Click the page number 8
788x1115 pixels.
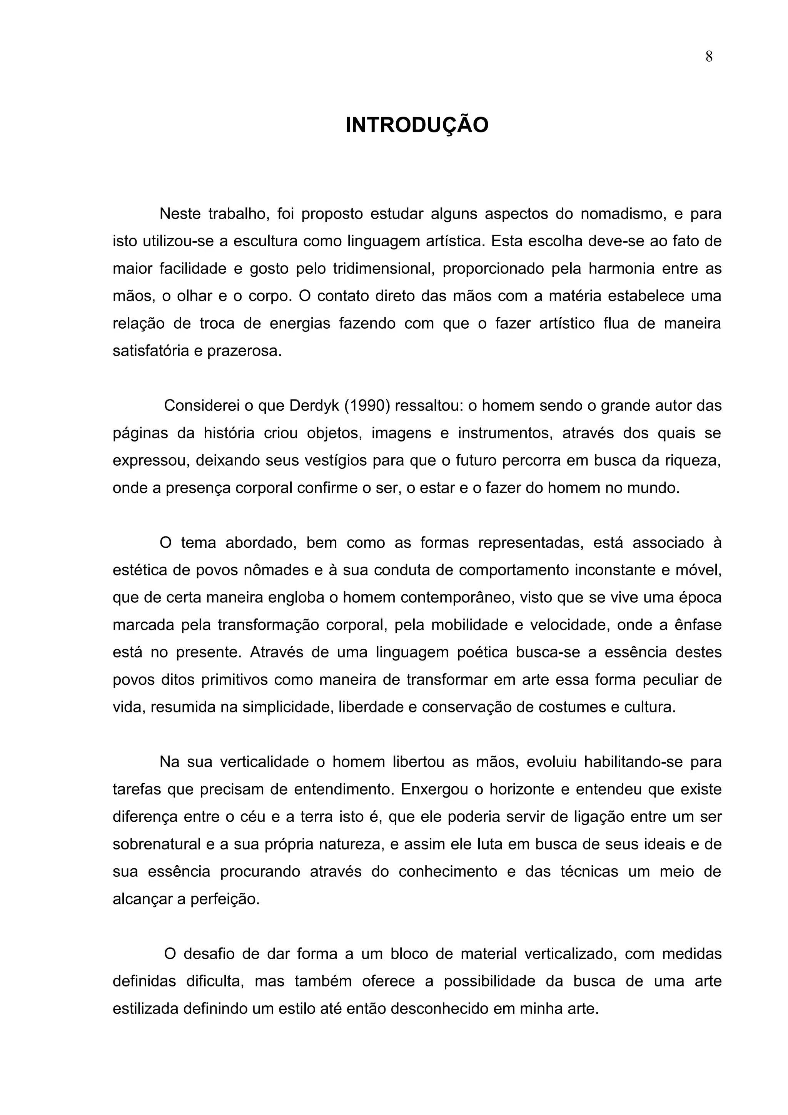coord(709,57)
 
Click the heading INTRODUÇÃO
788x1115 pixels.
coord(417,125)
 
